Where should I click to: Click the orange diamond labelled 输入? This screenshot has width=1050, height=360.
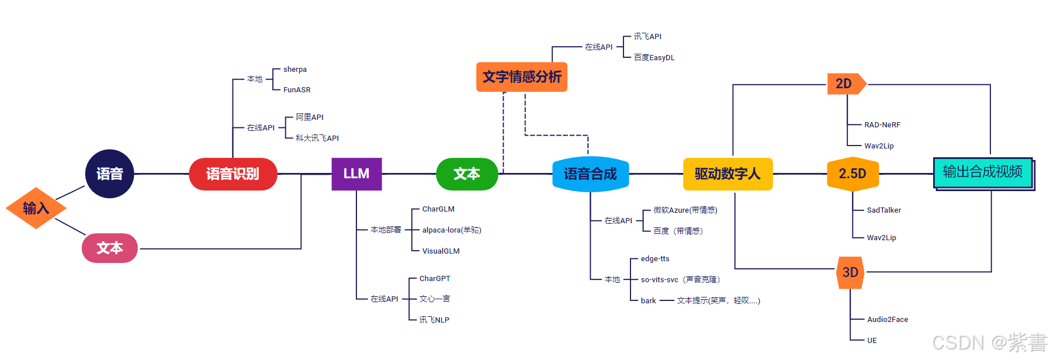36,208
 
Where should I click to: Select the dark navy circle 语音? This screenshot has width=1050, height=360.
110,174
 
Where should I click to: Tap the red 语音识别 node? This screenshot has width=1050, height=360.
233,174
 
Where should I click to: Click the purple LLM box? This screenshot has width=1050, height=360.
356,174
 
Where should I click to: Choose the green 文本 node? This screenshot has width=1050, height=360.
467,174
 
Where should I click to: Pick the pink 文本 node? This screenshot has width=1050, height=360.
110,248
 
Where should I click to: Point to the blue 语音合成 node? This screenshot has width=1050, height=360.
590,174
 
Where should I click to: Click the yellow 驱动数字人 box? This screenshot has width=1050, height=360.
727,174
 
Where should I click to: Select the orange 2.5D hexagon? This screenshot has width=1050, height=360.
853,174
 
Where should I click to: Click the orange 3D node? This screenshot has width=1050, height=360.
850,272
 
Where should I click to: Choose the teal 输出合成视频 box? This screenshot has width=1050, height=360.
983,172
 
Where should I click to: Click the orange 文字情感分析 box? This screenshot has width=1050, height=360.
522,77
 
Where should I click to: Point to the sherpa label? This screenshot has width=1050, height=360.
295,69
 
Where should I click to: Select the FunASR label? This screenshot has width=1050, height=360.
297,89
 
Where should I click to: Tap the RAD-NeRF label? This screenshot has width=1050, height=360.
882,124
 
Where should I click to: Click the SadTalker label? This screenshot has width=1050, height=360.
883,210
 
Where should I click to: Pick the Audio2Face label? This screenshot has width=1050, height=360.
888,319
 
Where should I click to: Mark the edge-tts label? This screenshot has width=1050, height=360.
655,258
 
